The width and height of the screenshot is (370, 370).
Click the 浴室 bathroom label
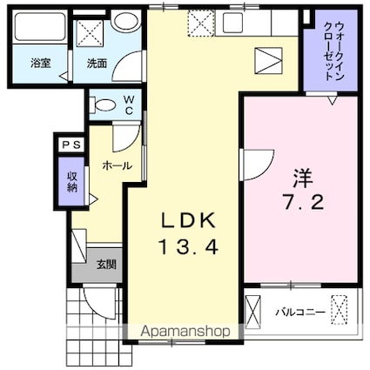coord(39,64)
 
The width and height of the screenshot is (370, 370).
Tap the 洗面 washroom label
coord(96,64)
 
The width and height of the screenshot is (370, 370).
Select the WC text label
coord(127,105)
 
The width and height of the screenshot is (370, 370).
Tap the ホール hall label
coord(117,165)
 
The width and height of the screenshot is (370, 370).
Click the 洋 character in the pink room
coord(302,179)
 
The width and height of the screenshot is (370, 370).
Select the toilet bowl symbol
coord(103,106)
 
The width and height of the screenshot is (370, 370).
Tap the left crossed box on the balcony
coord(253,311)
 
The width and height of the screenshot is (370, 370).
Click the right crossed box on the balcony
coord(342,310)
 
